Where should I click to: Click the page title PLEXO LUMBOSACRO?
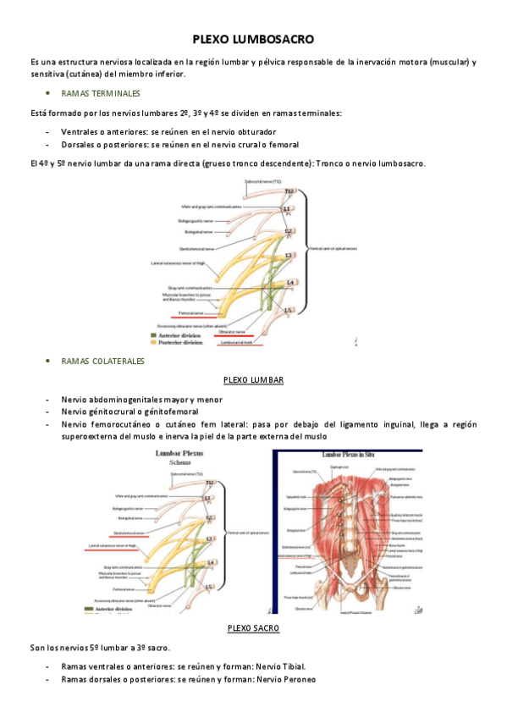pyautogui.click(x=253, y=39)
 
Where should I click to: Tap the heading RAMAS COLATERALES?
pyautogui.click(x=103, y=361)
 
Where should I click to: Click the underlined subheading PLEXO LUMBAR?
pyautogui.click(x=253, y=380)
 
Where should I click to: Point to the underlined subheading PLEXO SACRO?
pyautogui.click(x=254, y=627)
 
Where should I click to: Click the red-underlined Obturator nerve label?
pyautogui.click(x=232, y=332)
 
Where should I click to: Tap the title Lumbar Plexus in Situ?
pyautogui.click(x=347, y=455)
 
